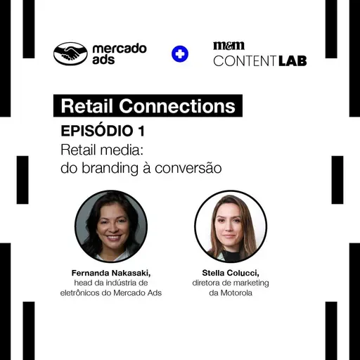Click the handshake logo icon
pos(70,54)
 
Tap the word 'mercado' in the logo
pos(120,49)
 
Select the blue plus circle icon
pos(180,54)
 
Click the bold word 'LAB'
pos(291,60)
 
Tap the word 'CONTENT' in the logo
pos(244,60)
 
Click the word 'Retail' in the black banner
pos(86,106)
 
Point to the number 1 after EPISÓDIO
pos(143,131)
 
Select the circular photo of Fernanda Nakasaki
pos(111,226)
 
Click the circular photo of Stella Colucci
pos(231,226)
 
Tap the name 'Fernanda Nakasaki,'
pos(111,272)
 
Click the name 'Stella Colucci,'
pos(231,272)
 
